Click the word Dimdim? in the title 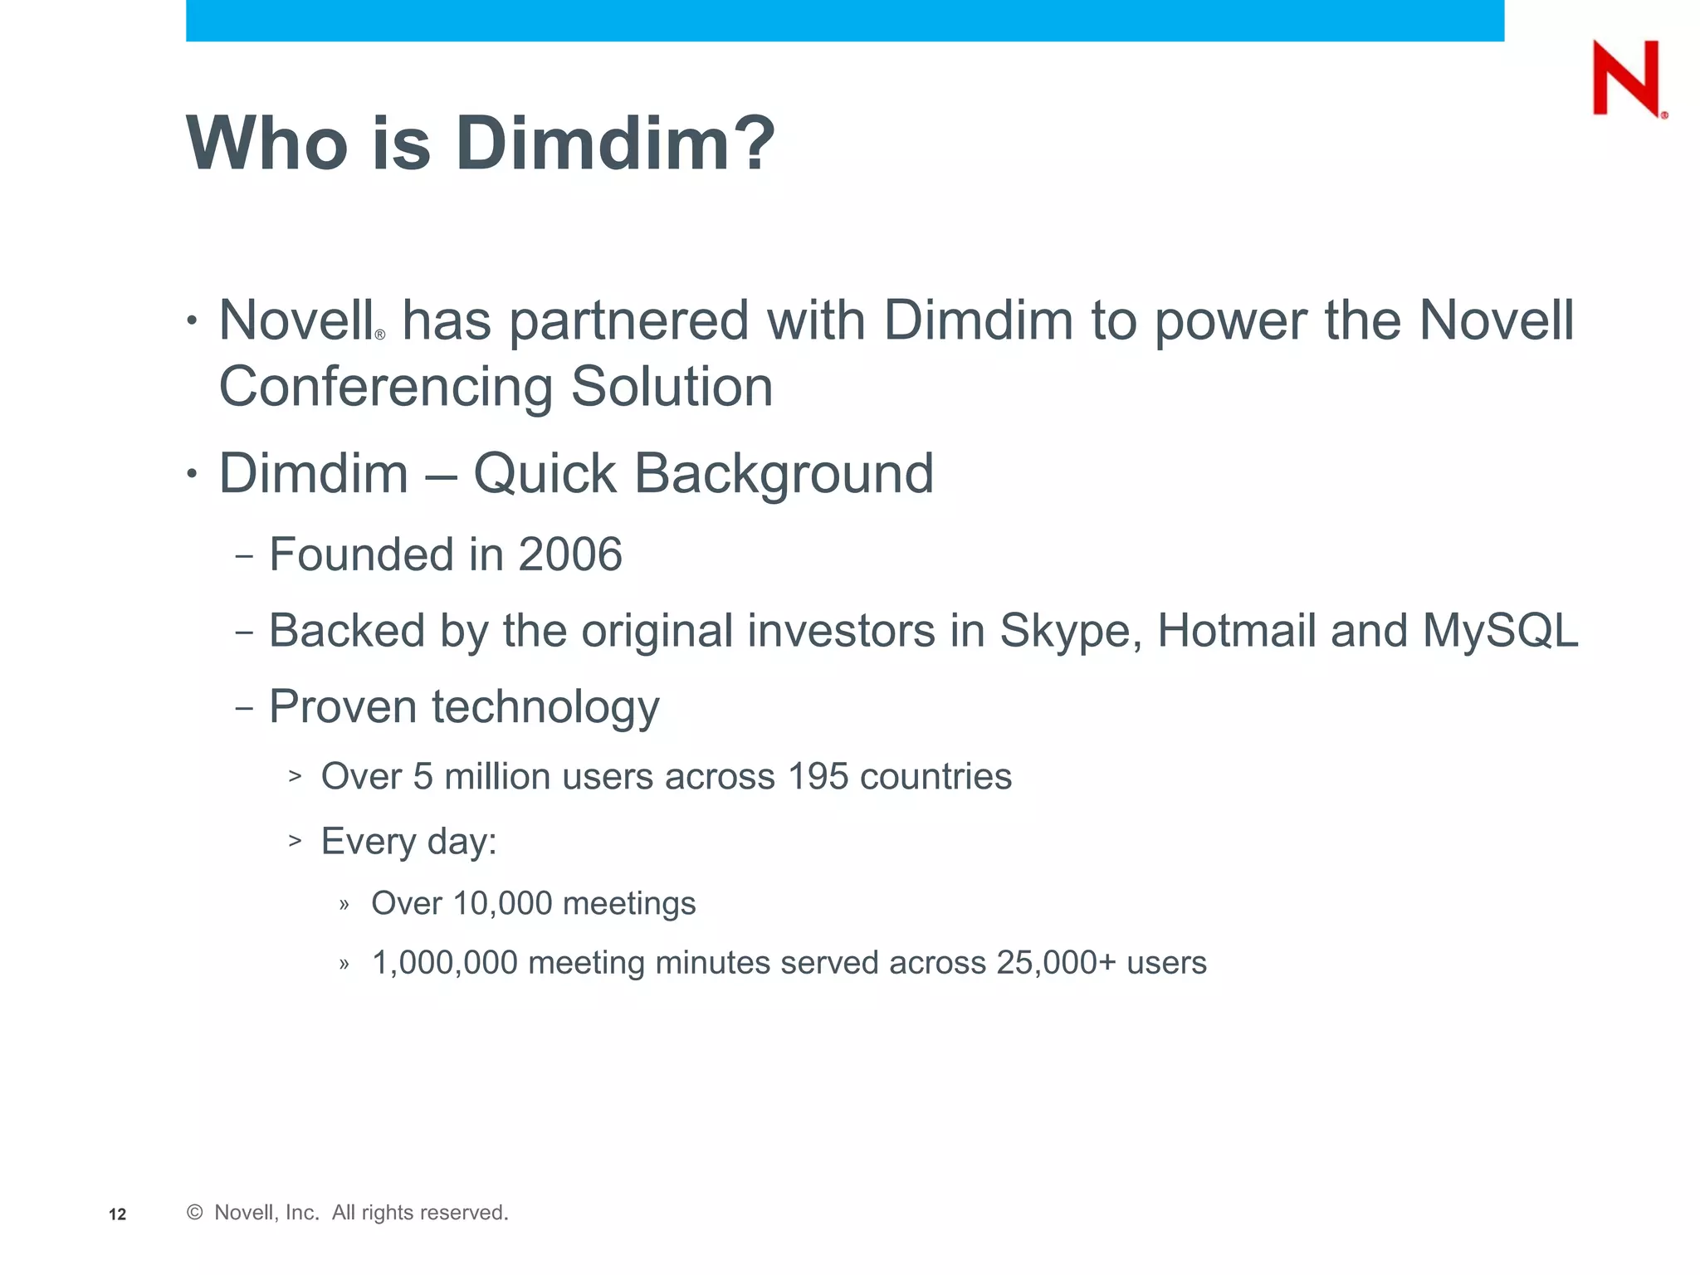(x=614, y=144)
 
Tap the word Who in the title (x=266, y=144)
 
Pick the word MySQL (x=1499, y=631)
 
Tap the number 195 (x=818, y=777)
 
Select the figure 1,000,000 (x=444, y=963)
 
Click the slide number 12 (x=117, y=1214)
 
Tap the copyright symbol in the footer (x=195, y=1213)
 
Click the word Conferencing (x=386, y=388)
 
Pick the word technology (x=545, y=708)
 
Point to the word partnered (x=628, y=321)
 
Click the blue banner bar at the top (x=844, y=20)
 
